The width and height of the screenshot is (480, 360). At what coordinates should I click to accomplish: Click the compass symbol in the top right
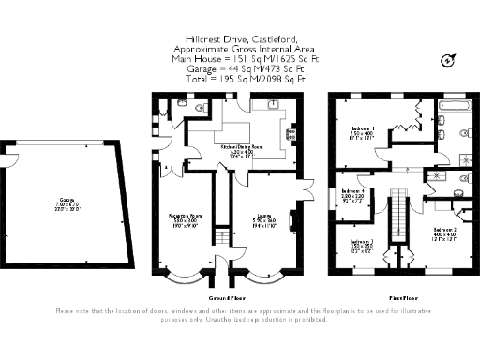point(447,61)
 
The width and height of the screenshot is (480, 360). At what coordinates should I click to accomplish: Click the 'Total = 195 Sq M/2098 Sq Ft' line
point(239,79)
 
